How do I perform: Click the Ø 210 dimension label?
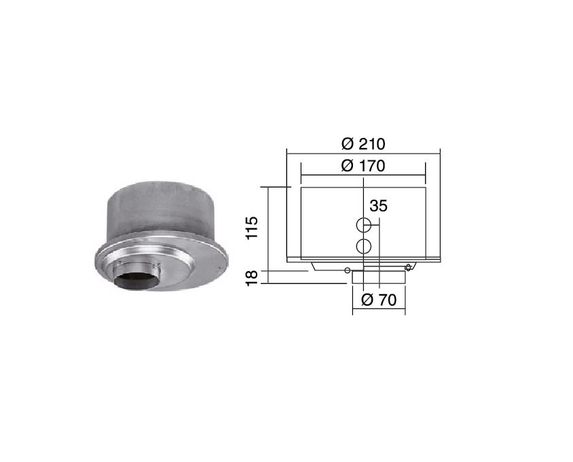[x=363, y=144]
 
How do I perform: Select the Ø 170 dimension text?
[x=363, y=166]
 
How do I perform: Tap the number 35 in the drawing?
[x=378, y=206]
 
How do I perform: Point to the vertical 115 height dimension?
[x=252, y=228]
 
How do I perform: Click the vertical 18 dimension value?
[x=252, y=278]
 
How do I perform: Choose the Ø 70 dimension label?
[x=379, y=300]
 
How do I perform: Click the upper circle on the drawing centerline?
[x=364, y=225]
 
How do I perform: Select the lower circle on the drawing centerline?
[x=364, y=246]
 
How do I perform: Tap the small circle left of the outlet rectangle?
[x=348, y=270]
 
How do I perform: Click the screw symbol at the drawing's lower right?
[x=408, y=268]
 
